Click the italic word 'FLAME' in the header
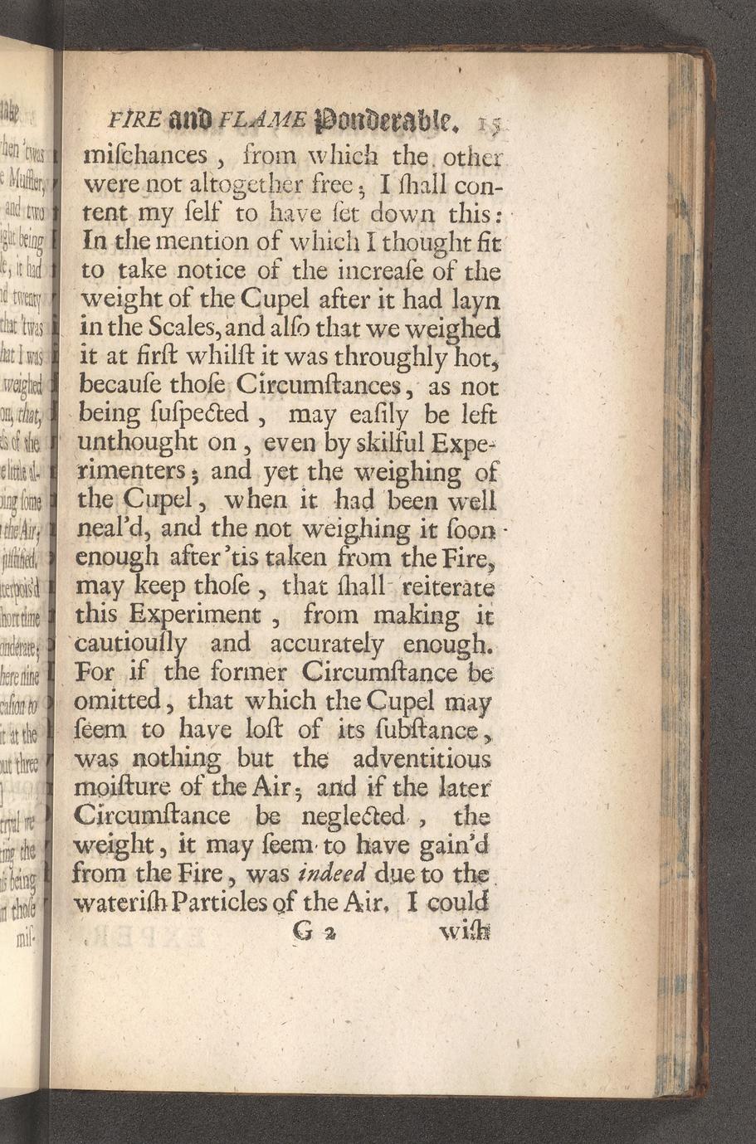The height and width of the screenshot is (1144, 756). click(266, 122)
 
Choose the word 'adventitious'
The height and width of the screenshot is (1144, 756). click(422, 759)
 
